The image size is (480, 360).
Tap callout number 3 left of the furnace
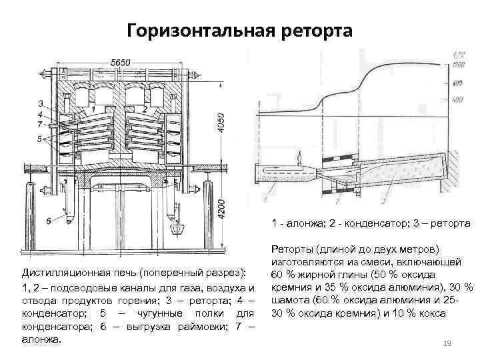41,104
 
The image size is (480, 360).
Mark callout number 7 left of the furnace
41,124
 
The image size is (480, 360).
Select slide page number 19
447,343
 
